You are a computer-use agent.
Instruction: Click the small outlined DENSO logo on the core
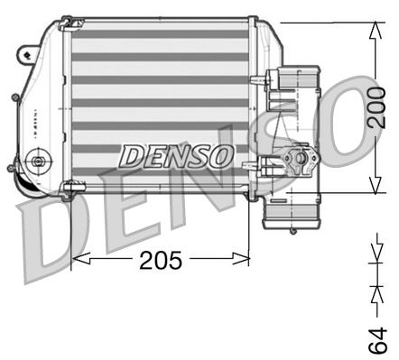pyautogui.click(x=176, y=155)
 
